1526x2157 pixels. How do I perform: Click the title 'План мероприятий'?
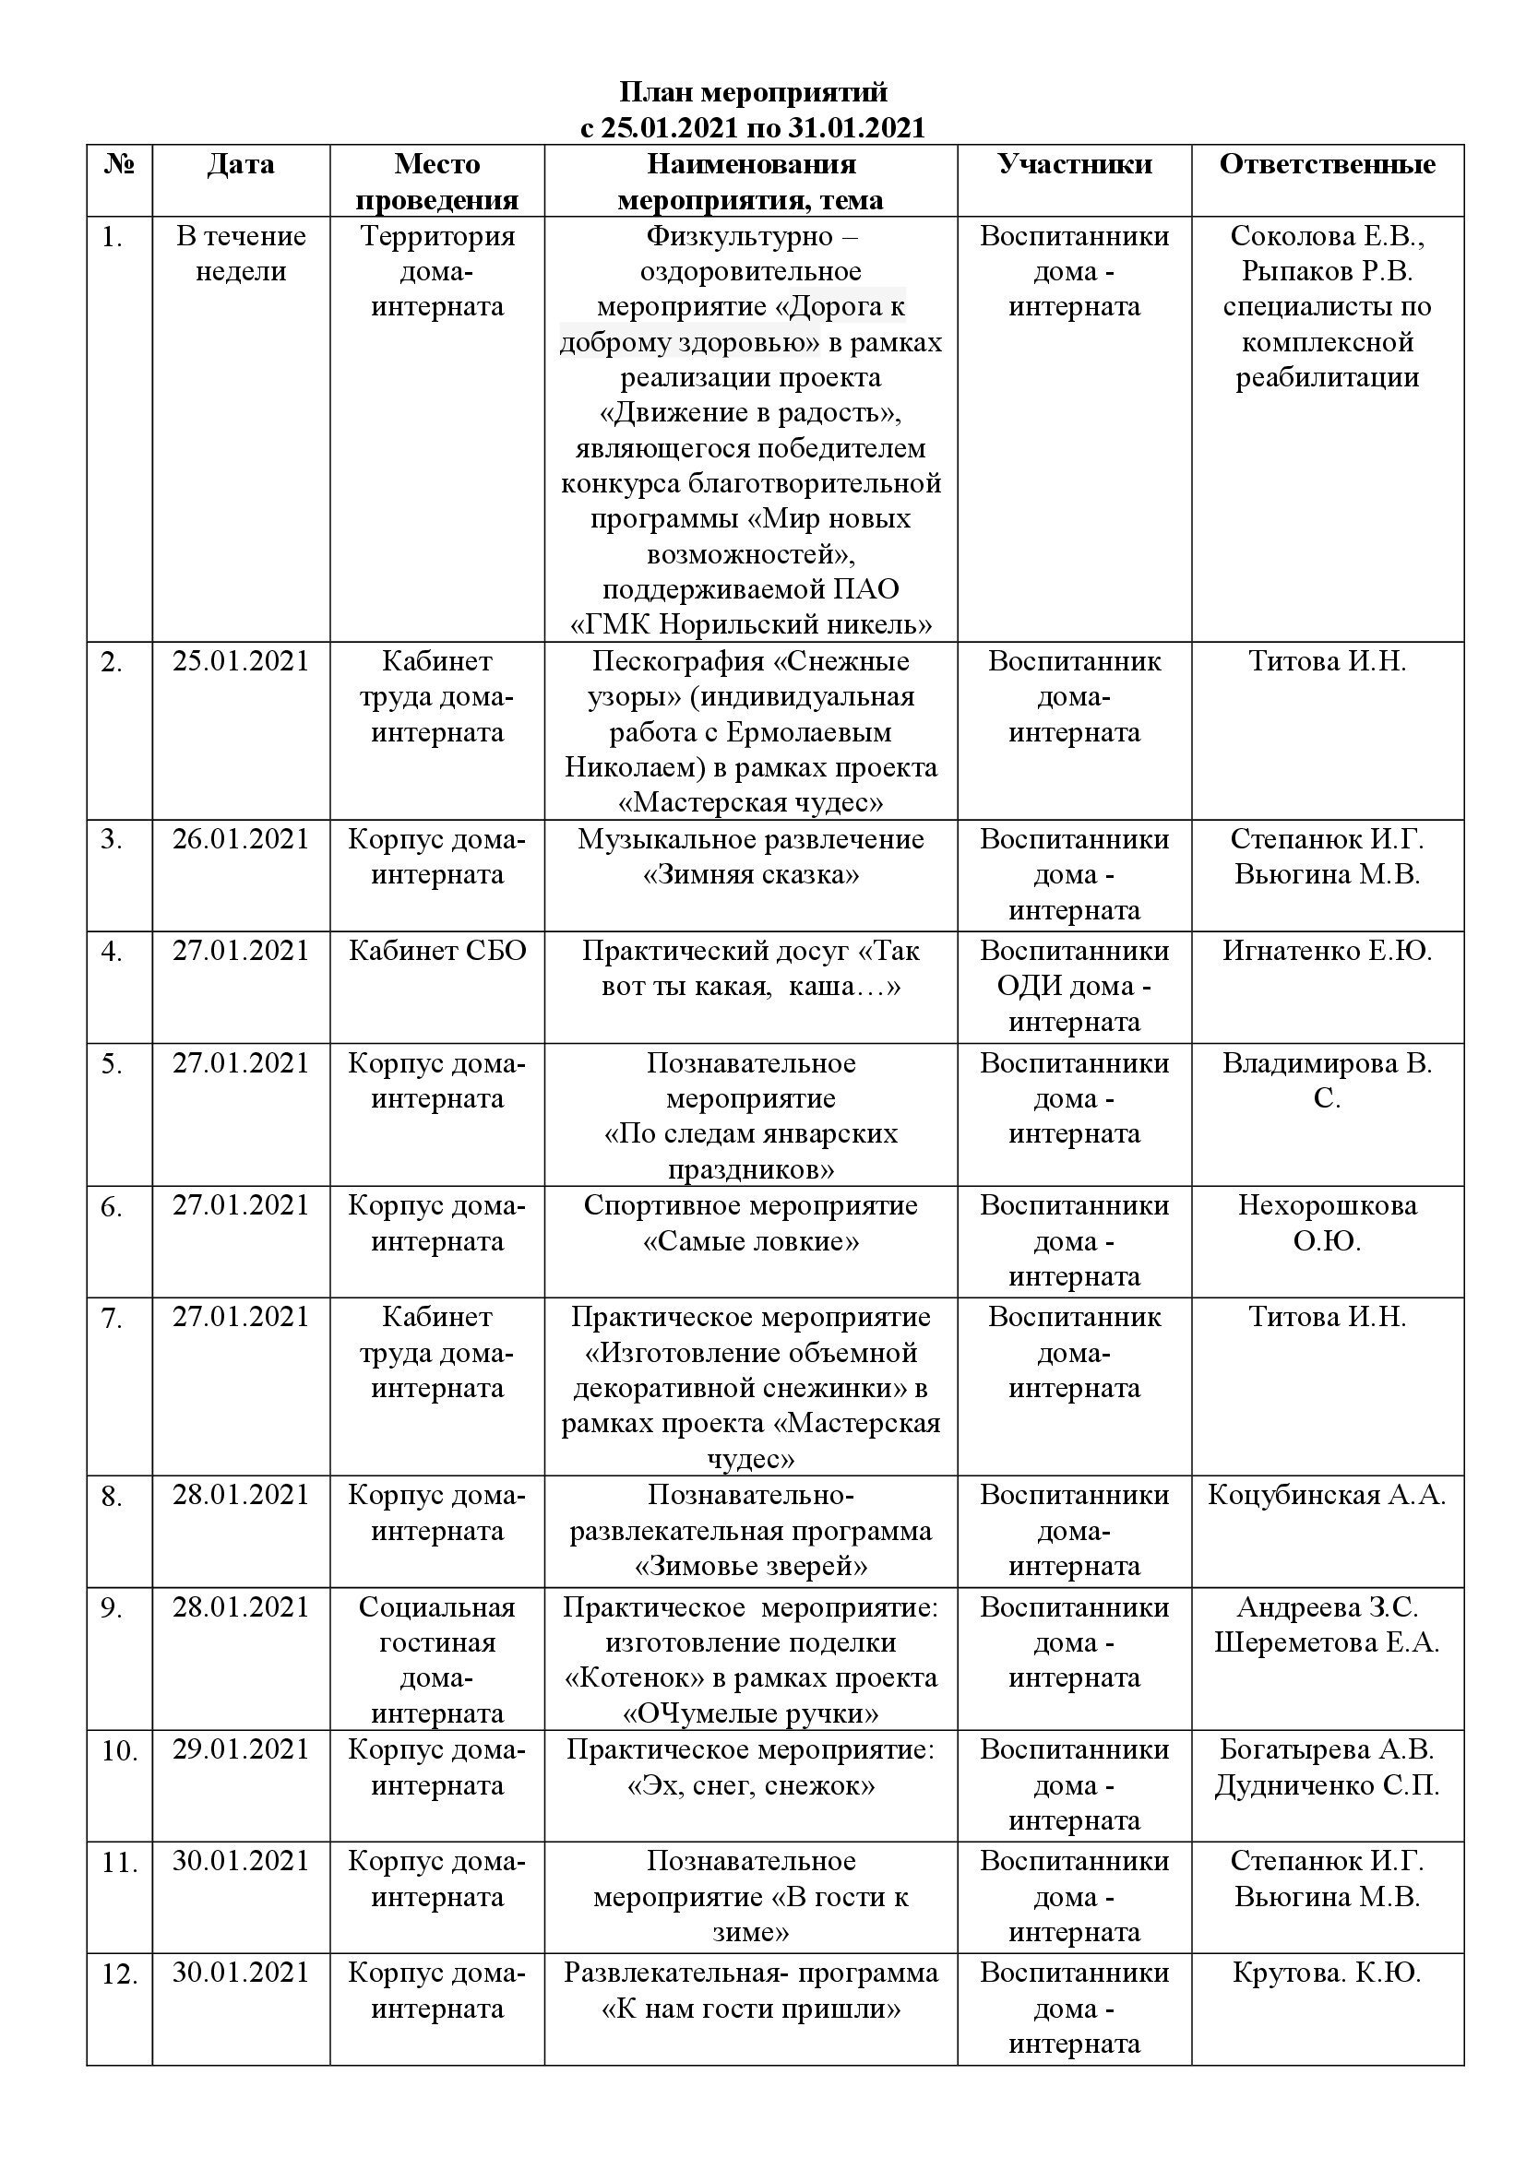[753, 92]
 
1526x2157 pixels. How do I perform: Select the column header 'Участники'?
[1074, 164]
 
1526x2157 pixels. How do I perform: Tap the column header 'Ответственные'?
[1327, 164]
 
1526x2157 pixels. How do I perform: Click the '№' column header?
[119, 164]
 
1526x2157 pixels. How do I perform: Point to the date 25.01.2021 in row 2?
[241, 661]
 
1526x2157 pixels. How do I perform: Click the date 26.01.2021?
[241, 839]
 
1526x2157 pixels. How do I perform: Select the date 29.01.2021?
[241, 1749]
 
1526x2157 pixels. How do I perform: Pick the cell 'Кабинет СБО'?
[437, 951]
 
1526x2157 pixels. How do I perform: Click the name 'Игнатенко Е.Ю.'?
[1327, 951]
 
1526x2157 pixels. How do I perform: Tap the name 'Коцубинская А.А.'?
[1327, 1495]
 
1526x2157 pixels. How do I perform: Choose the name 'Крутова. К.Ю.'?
[1327, 1973]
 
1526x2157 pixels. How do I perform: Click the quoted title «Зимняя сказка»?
[751, 875]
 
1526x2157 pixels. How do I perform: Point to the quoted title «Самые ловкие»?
[751, 1242]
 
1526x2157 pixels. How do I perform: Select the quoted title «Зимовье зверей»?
[751, 1566]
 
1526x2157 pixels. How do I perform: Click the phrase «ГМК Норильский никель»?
[751, 624]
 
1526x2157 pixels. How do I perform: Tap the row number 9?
[113, 1609]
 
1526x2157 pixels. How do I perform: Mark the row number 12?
[119, 1974]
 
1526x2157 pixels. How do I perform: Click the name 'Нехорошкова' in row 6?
[1327, 1205]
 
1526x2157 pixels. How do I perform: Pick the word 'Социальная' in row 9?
[437, 1607]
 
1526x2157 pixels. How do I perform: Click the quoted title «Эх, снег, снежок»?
[751, 1786]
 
